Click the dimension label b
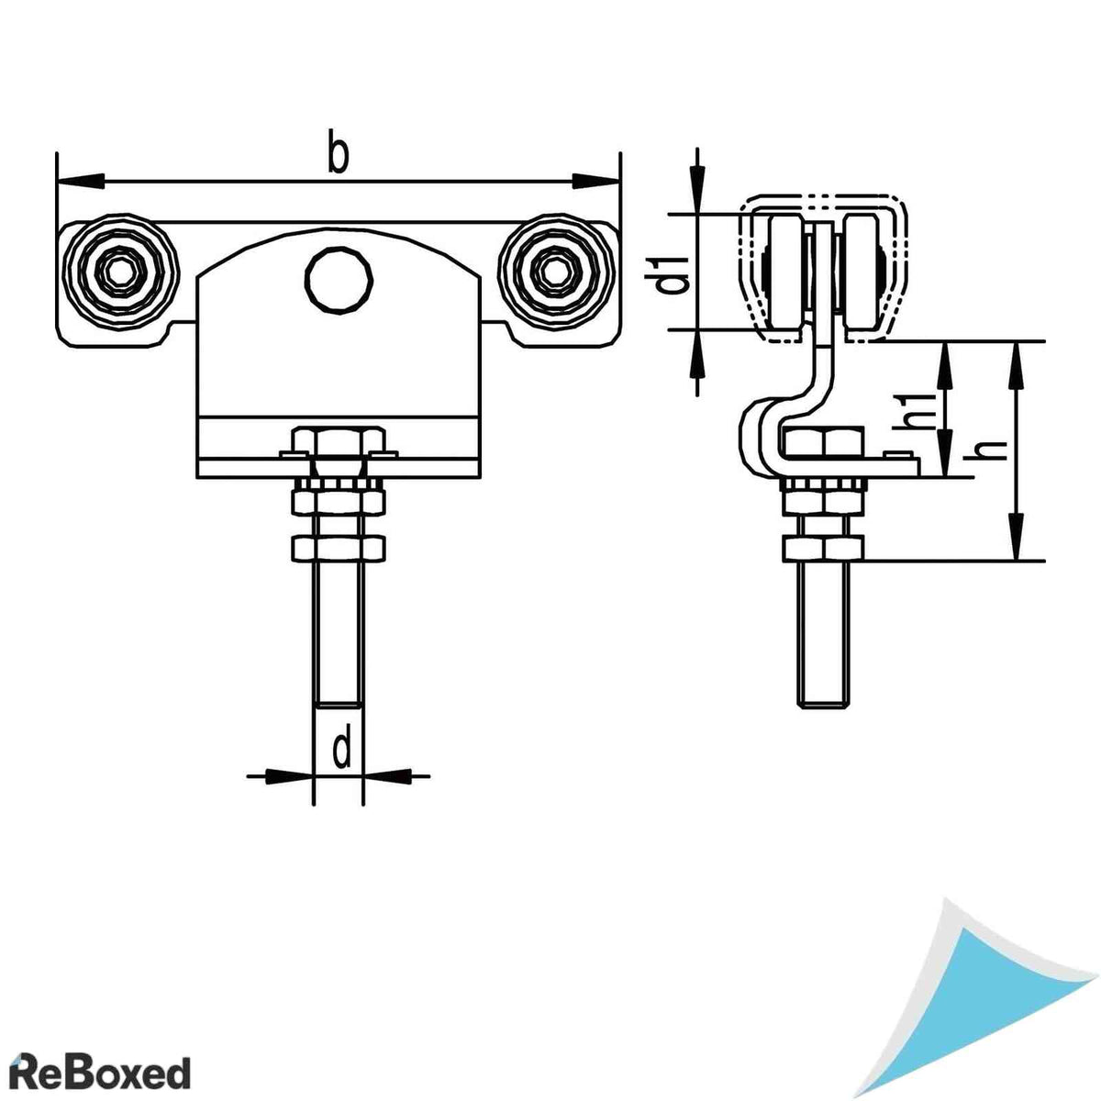click(339, 151)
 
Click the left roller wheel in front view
click(120, 272)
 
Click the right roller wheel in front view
click(556, 272)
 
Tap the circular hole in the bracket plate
click(339, 280)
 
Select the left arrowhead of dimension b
click(81, 181)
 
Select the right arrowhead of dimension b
click(596, 181)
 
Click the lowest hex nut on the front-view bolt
click(339, 547)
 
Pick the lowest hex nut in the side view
click(822, 548)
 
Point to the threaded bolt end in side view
click(821, 634)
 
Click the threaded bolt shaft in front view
click(339, 633)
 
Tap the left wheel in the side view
click(785, 274)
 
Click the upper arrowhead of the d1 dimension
click(697, 191)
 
